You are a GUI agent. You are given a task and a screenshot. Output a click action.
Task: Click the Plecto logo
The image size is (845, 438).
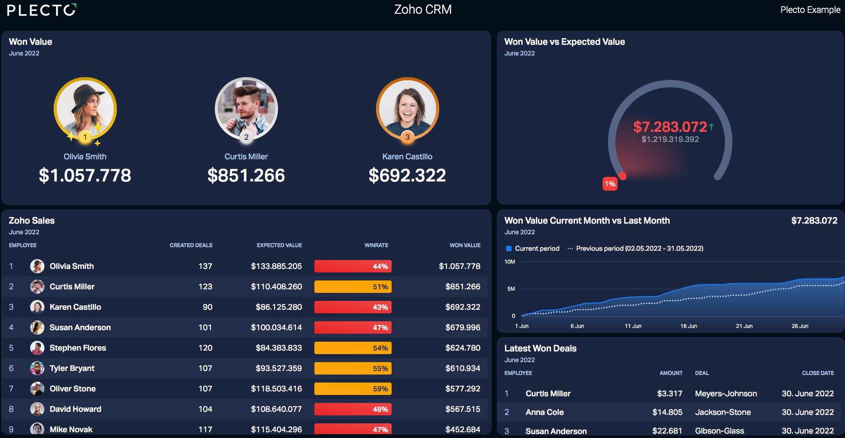pyautogui.click(x=42, y=10)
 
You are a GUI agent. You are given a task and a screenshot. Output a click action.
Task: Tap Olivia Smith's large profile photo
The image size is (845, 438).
pyautogui.click(x=85, y=108)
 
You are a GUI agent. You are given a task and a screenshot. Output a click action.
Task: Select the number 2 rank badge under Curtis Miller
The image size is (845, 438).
pyautogui.click(x=246, y=137)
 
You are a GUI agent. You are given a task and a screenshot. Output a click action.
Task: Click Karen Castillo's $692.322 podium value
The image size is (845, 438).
pyautogui.click(x=407, y=175)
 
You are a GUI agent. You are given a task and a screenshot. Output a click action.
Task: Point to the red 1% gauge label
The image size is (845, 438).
pyautogui.click(x=610, y=184)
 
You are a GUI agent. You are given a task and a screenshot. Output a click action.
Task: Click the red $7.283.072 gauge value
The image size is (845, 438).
pyautogui.click(x=670, y=127)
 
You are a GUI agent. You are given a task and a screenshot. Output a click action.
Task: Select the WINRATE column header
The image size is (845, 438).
pyautogui.click(x=376, y=245)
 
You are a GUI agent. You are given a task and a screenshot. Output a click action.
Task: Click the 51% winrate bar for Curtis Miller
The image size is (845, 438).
pyautogui.click(x=353, y=287)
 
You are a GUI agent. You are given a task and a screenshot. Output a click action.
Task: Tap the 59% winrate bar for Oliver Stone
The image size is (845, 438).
pyautogui.click(x=353, y=389)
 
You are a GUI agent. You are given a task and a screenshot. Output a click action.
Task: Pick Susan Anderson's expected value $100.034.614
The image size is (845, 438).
pyautogui.click(x=276, y=328)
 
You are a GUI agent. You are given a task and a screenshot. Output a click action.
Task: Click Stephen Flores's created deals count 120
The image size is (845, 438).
pyautogui.click(x=205, y=348)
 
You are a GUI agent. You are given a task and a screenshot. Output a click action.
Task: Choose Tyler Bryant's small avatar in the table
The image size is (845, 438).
pyautogui.click(x=37, y=368)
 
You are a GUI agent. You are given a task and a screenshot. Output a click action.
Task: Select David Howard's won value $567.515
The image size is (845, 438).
pyautogui.click(x=463, y=409)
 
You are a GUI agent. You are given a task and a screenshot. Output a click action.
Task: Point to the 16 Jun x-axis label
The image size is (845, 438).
pyautogui.click(x=689, y=326)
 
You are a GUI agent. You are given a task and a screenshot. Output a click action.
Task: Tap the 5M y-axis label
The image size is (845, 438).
pyautogui.click(x=511, y=289)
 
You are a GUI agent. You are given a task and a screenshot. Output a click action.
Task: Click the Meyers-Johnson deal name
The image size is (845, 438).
pyautogui.click(x=726, y=394)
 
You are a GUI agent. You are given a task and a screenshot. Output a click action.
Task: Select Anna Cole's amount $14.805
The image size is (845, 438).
pyautogui.click(x=667, y=412)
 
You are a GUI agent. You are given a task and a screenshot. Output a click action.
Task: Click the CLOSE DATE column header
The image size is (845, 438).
pyautogui.click(x=818, y=373)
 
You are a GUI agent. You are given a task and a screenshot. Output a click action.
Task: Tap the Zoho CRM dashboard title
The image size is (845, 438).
pyautogui.click(x=423, y=10)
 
